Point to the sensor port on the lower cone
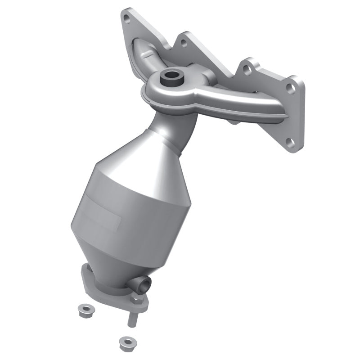click(145, 283)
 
